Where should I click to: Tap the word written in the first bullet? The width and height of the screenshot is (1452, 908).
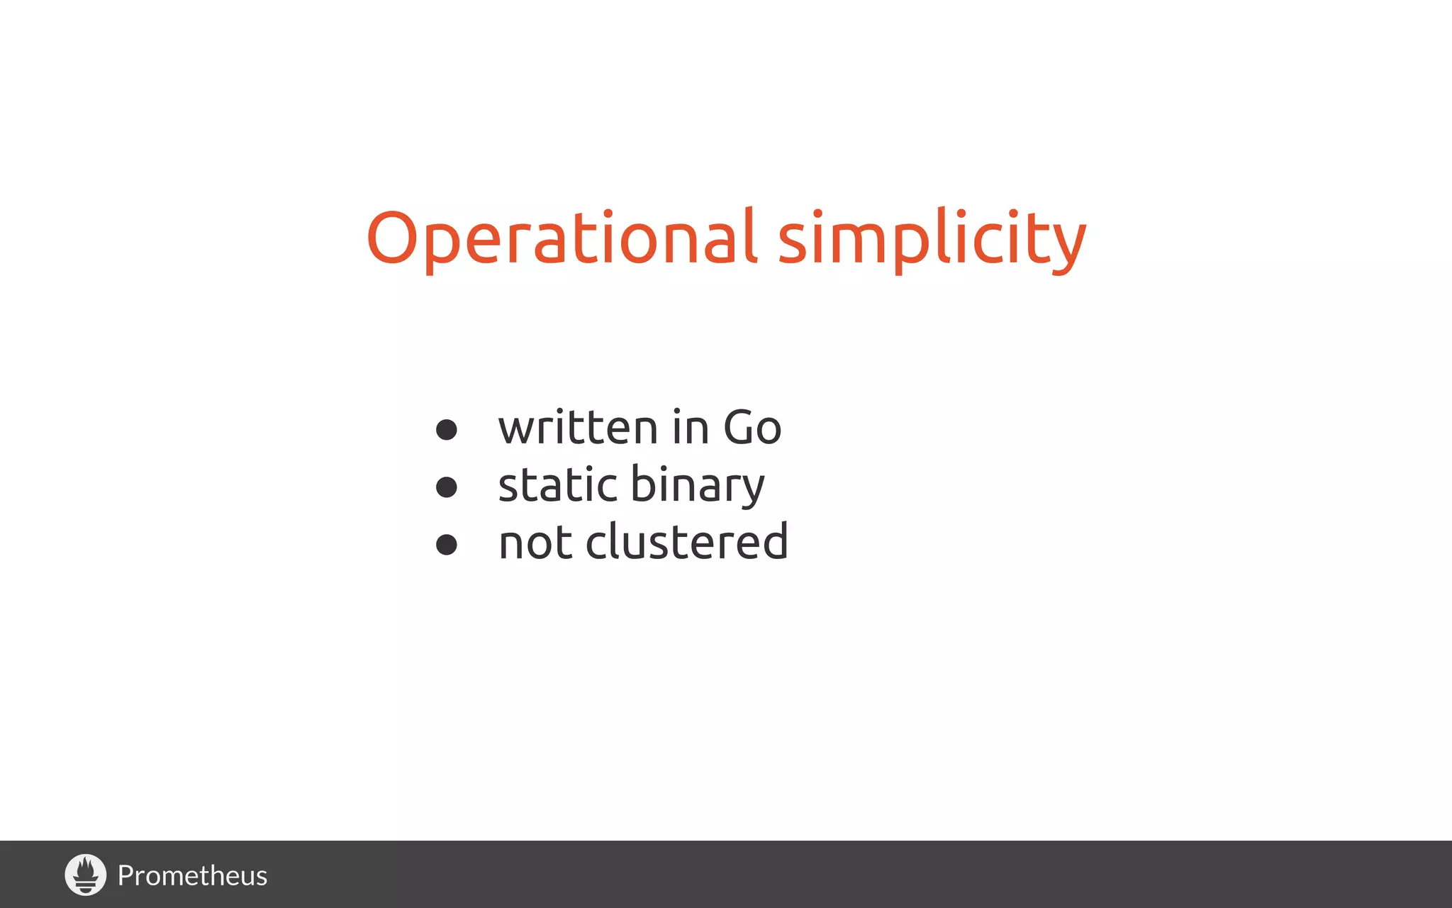[x=578, y=428]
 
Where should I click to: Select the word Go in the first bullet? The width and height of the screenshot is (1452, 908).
[x=752, y=428]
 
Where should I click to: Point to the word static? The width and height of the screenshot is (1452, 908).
[x=557, y=485]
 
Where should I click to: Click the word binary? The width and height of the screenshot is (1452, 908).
[x=698, y=487]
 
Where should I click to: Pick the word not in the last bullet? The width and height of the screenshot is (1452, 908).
[x=535, y=543]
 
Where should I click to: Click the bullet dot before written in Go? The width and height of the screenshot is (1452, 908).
[x=446, y=429]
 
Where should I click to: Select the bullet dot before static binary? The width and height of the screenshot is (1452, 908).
[x=446, y=487]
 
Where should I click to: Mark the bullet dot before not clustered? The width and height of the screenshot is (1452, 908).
[x=446, y=544]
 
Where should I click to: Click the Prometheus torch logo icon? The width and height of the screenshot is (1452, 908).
[x=86, y=875]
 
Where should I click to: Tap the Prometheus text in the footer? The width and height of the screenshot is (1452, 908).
[x=192, y=876]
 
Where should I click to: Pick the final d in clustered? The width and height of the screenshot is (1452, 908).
[x=774, y=541]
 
